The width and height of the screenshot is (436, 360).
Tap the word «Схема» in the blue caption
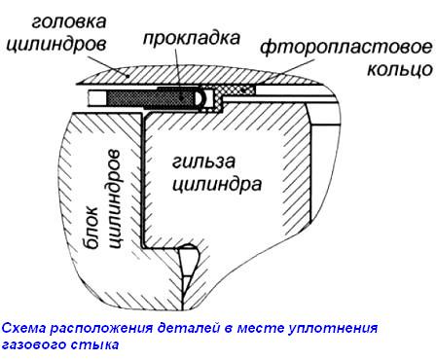24,328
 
